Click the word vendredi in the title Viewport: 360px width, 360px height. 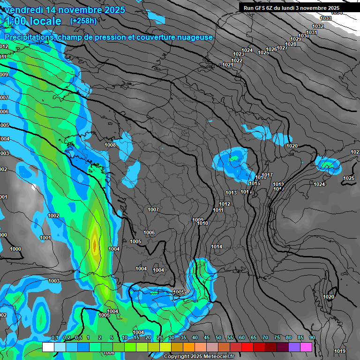(x=24, y=10)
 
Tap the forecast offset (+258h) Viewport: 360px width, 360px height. (x=83, y=21)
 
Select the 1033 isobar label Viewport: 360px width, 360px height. (x=325, y=18)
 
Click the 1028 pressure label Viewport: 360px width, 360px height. (x=291, y=44)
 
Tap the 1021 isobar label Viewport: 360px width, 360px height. (x=228, y=65)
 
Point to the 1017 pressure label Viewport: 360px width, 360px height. (x=267, y=175)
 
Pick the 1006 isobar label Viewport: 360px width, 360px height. (x=149, y=232)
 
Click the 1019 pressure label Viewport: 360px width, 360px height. (x=340, y=351)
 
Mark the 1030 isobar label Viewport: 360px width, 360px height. (x=304, y=36)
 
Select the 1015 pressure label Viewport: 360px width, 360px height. (x=254, y=183)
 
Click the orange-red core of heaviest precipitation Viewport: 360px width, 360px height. (x=95, y=245)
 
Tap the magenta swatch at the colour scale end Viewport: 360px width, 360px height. (x=306, y=347)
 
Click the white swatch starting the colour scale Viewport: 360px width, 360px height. (x=48, y=347)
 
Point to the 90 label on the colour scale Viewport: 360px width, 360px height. (x=312, y=337)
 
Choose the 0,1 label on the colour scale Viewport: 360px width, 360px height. (x=54, y=337)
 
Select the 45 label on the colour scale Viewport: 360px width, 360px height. (x=207, y=337)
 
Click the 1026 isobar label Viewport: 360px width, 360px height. (x=271, y=49)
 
